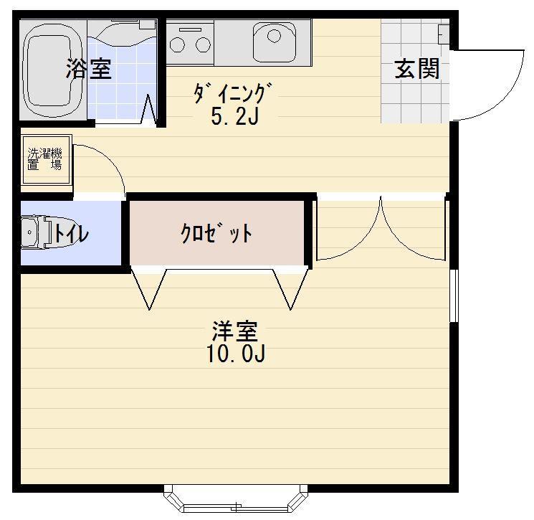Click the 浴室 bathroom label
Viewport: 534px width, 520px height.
tap(89, 70)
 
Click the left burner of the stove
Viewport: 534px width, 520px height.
tap(178, 44)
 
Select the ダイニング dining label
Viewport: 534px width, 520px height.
tap(234, 93)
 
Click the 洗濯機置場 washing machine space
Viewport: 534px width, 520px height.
tap(44, 159)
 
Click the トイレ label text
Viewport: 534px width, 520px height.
tap(71, 234)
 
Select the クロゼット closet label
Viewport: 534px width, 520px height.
tap(216, 233)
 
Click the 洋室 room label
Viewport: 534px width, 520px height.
tap(234, 333)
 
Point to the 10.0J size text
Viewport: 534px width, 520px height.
tap(237, 355)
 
